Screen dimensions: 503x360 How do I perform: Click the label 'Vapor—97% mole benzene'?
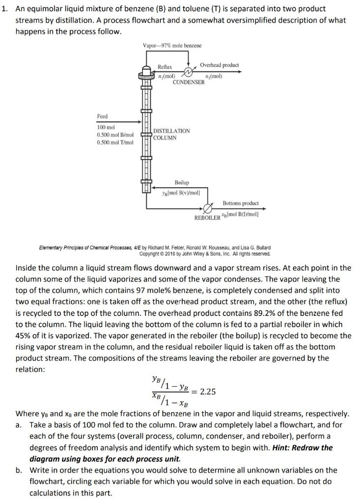coord(172,46)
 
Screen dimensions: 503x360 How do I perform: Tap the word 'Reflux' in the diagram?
coord(165,66)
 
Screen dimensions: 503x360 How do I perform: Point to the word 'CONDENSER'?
coord(189,83)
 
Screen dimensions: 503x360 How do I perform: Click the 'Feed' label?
coord(102,116)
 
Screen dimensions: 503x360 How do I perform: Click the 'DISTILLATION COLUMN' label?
coord(171,134)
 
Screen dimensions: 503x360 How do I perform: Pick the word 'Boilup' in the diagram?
coord(182,182)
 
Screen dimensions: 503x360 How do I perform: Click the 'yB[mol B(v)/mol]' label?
coord(184,192)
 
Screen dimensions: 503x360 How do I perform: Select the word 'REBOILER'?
coord(207,217)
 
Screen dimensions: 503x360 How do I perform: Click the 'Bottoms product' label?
coord(240,203)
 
